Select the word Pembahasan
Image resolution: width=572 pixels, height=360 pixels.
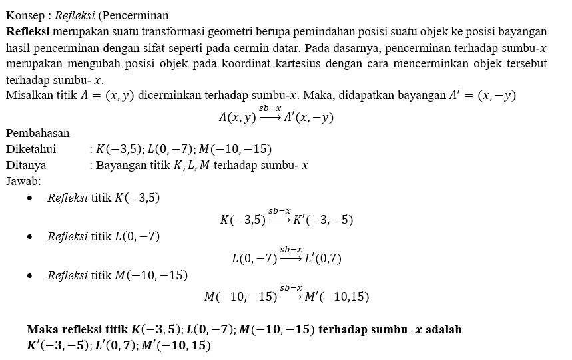tap(38, 132)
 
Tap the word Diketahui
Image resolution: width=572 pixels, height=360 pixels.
tap(31, 148)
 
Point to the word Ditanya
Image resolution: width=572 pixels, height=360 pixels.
tap(26, 164)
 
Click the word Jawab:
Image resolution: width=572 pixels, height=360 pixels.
tap(23, 180)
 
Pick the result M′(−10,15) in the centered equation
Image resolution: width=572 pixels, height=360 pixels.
tap(336, 297)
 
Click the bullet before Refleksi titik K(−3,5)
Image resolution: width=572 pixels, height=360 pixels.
tap(30, 198)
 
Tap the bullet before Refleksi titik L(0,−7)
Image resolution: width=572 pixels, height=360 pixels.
tap(30, 237)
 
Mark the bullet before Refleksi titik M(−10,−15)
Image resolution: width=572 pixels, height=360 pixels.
tap(30, 275)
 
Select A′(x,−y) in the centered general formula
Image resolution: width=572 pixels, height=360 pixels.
tap(309, 118)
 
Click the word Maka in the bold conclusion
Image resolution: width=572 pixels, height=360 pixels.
tap(42, 330)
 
